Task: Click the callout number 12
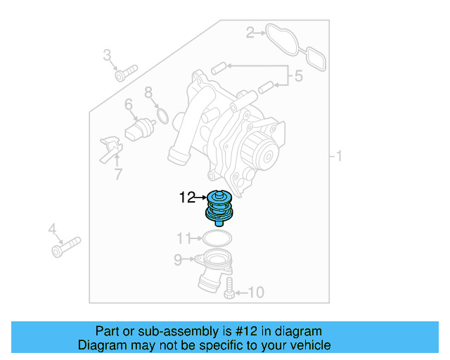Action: [x=186, y=198]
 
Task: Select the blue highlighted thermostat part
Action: [x=218, y=207]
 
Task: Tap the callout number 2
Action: [x=250, y=31]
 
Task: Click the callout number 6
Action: [x=148, y=92]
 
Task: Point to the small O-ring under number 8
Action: [x=161, y=114]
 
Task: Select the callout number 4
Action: [x=52, y=229]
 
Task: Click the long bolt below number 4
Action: [x=65, y=246]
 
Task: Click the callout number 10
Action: [x=256, y=292]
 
